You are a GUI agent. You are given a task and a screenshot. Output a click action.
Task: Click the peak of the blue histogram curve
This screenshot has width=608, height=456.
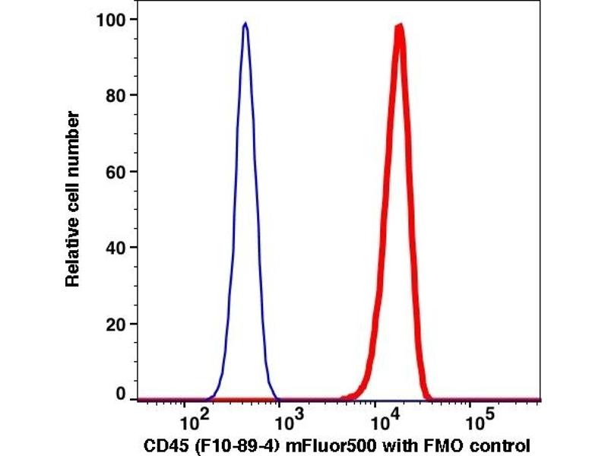(x=245, y=24)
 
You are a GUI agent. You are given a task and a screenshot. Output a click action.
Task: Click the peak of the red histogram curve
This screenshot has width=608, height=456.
(x=399, y=27)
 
